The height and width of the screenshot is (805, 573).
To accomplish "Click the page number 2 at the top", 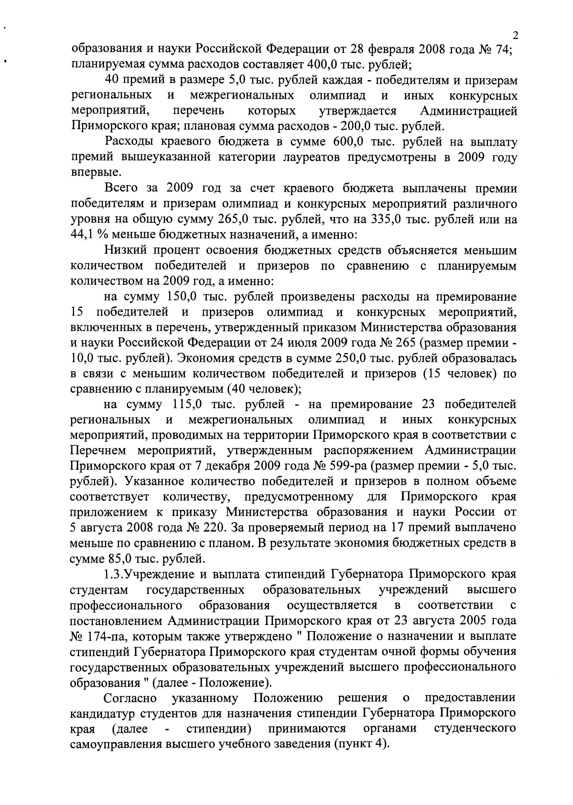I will point(515,36).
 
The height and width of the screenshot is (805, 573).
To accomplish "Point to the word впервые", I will point(96,173).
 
